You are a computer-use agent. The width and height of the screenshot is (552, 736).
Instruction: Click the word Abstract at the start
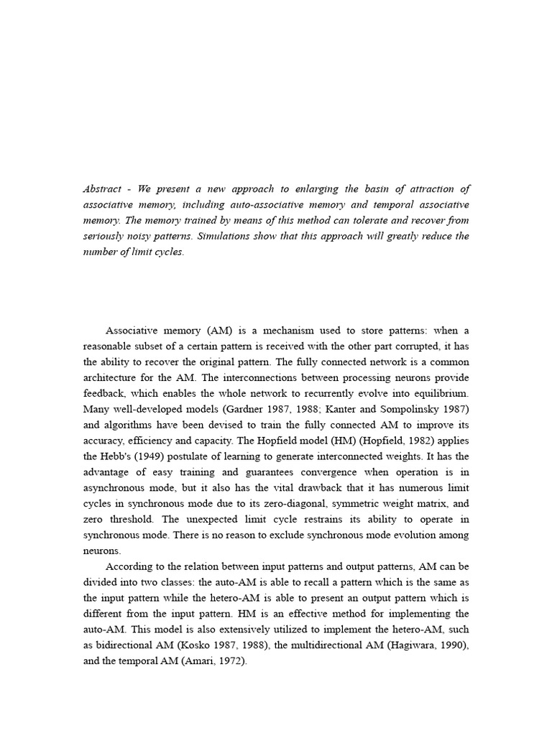[102, 189]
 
